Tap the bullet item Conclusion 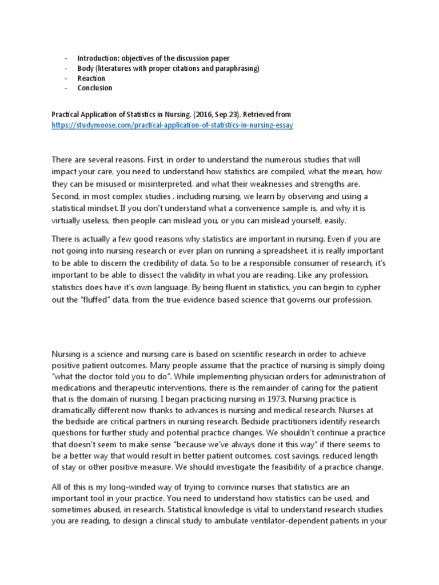pos(94,88)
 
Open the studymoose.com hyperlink pos(172,125)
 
